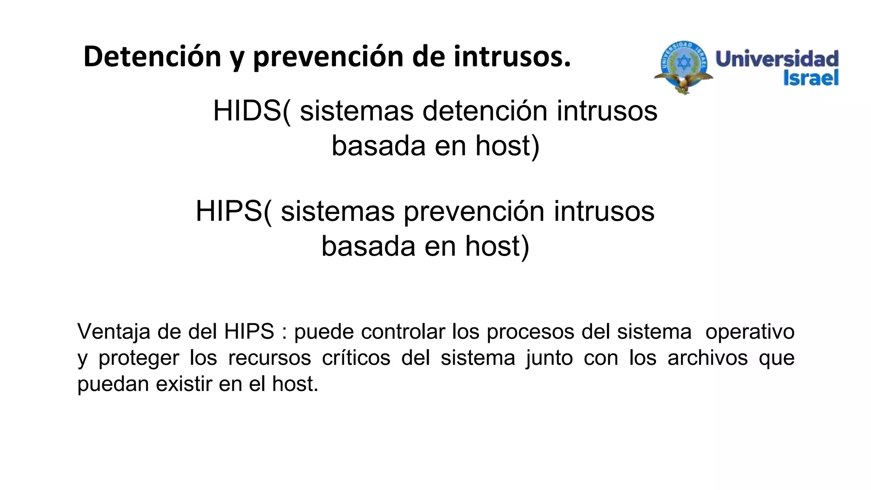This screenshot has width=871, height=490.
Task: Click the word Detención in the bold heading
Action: [152, 57]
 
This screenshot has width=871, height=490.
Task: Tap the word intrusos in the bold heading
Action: [512, 57]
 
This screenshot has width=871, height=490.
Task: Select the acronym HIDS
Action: [247, 111]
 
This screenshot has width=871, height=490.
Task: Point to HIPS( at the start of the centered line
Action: [233, 211]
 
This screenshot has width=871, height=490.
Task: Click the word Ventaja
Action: [114, 332]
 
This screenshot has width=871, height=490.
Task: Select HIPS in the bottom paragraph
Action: [249, 332]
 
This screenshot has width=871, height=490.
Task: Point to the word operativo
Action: [750, 332]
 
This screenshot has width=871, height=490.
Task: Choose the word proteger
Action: [139, 358]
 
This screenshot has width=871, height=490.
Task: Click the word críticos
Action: [356, 358]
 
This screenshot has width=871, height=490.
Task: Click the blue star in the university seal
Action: [684, 63]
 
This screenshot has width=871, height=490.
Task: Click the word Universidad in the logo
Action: [777, 59]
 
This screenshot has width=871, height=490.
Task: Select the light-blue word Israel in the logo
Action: [811, 78]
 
